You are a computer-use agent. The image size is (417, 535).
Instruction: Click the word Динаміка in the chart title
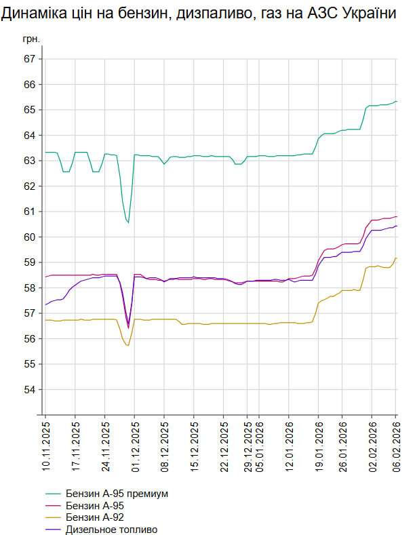[x=33, y=14]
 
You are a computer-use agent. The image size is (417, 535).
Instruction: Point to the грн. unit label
[x=31, y=39]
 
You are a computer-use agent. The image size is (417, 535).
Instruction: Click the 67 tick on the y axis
[x=29, y=59]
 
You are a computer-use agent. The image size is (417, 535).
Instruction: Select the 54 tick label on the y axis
[x=29, y=389]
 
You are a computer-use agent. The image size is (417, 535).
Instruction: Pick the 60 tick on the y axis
[x=29, y=237]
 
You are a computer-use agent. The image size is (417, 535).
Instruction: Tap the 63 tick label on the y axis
[x=29, y=161]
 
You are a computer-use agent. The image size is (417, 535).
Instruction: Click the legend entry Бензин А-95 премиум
[x=117, y=494]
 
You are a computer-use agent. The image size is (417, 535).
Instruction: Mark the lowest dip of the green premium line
[x=128, y=222]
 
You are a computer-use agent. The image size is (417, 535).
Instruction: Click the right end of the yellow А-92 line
[x=396, y=258]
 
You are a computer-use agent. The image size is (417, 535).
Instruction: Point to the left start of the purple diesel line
[x=46, y=304]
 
